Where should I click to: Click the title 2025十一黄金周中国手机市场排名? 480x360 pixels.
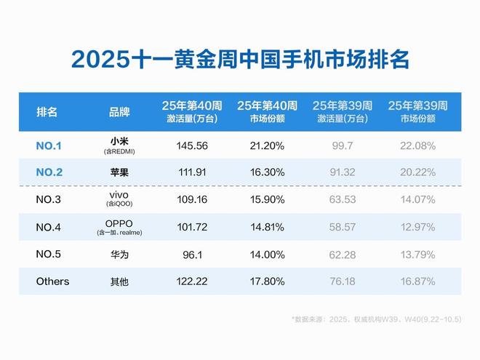click(240, 59)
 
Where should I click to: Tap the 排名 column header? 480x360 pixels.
click(47, 112)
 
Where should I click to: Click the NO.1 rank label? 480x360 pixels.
click(49, 145)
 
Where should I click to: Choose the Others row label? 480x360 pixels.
click(52, 281)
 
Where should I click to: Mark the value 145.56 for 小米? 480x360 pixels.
click(192, 145)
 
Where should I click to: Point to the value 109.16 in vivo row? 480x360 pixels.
click(192, 198)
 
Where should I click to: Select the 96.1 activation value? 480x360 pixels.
click(192, 255)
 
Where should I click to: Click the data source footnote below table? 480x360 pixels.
click(374, 319)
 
